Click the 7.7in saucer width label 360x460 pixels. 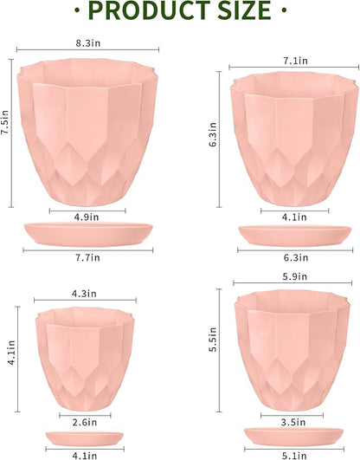pos(86,257)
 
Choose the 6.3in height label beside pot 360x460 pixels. pos(213,135)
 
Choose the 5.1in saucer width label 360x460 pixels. pos(281,450)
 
